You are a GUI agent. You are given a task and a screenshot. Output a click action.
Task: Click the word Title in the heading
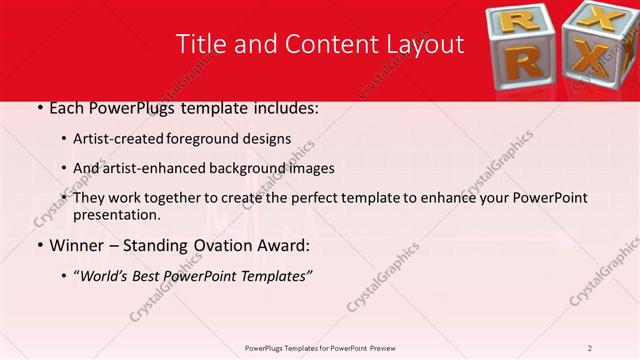(199, 44)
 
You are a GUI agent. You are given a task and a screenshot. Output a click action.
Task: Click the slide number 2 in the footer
(590, 348)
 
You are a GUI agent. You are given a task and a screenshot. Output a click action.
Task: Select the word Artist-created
(118, 139)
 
